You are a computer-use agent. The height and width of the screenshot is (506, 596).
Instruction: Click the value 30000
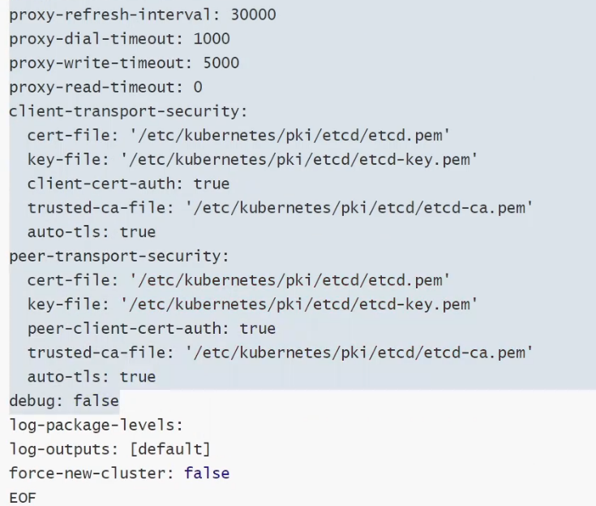click(x=253, y=15)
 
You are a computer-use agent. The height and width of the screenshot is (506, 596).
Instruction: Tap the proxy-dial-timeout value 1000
click(x=212, y=39)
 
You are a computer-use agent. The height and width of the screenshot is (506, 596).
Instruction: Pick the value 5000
click(x=221, y=63)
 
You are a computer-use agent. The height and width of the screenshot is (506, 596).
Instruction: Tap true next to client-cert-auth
click(x=212, y=184)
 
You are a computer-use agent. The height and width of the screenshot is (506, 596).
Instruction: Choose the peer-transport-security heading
click(x=119, y=256)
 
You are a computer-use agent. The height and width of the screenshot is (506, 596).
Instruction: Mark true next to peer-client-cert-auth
click(x=258, y=328)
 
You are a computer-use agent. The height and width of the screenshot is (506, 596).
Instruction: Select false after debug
click(x=96, y=400)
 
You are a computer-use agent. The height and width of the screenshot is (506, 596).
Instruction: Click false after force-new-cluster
click(x=207, y=473)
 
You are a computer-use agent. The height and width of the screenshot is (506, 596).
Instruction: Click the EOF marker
click(x=23, y=497)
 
